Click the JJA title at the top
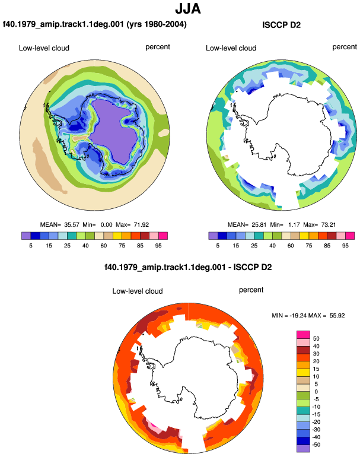(x=188, y=9)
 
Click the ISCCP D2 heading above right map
(x=281, y=25)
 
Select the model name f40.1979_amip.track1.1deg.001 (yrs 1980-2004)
(x=95, y=24)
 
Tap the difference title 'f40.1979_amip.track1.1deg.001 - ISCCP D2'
(x=188, y=267)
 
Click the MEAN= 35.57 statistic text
(x=60, y=225)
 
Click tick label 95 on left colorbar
(x=158, y=246)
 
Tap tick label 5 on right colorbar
(x=218, y=246)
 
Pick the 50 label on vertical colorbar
(x=316, y=339)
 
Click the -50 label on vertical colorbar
(x=316, y=445)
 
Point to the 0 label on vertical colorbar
(x=316, y=392)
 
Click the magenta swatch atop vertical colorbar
(x=303, y=335)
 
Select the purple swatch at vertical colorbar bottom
(x=303, y=449)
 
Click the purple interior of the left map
(x=112, y=131)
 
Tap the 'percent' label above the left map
(x=158, y=47)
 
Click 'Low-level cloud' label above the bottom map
(x=138, y=291)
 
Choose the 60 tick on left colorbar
(x=104, y=246)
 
